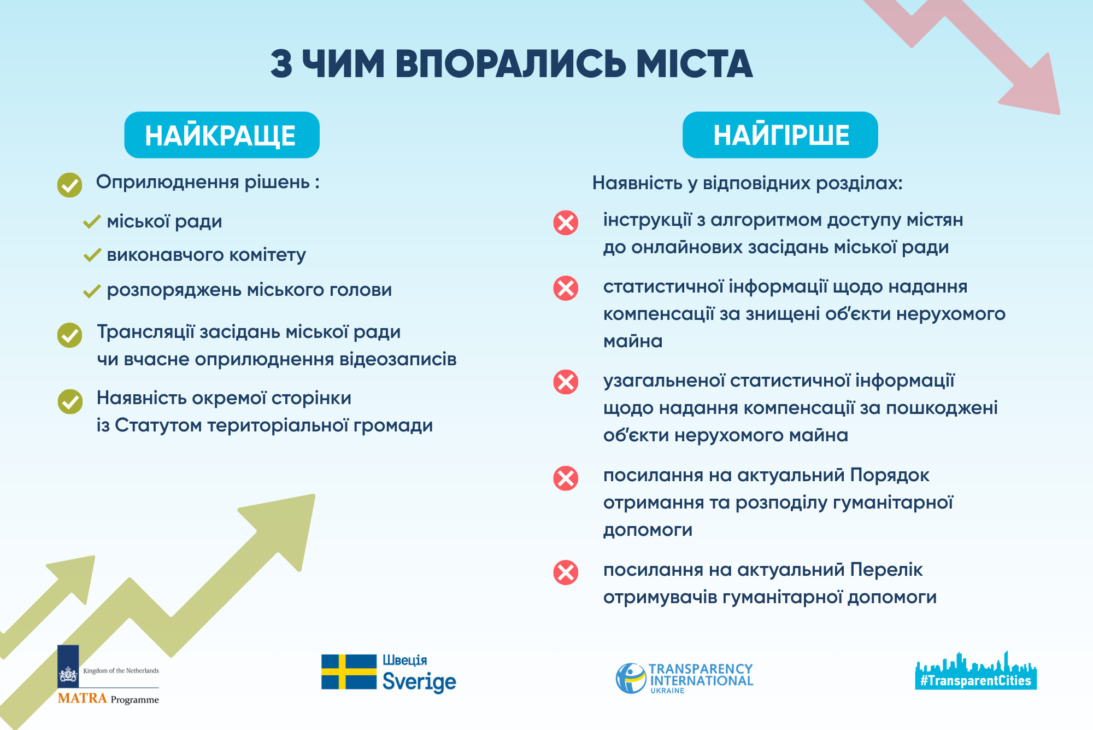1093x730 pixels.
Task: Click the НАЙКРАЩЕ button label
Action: click(x=221, y=136)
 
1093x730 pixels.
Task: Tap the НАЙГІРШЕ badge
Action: click(x=780, y=135)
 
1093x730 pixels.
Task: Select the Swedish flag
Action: click(x=349, y=671)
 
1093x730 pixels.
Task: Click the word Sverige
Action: click(x=419, y=682)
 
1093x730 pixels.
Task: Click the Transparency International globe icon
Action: click(x=631, y=678)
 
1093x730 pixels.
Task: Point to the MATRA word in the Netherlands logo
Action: click(x=82, y=698)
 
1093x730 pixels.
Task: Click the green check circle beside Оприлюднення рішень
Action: click(x=70, y=185)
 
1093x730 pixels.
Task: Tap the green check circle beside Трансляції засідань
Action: click(x=70, y=335)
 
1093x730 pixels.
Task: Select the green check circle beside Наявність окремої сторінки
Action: click(x=70, y=401)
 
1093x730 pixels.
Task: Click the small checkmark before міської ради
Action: click(x=92, y=221)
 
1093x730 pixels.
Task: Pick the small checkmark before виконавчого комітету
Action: click(x=92, y=255)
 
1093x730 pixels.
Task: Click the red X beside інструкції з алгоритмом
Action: click(x=566, y=223)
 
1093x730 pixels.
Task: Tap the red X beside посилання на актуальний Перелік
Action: click(x=566, y=573)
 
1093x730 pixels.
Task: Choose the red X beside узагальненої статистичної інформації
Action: click(x=566, y=382)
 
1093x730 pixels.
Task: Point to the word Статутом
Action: click(x=158, y=425)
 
